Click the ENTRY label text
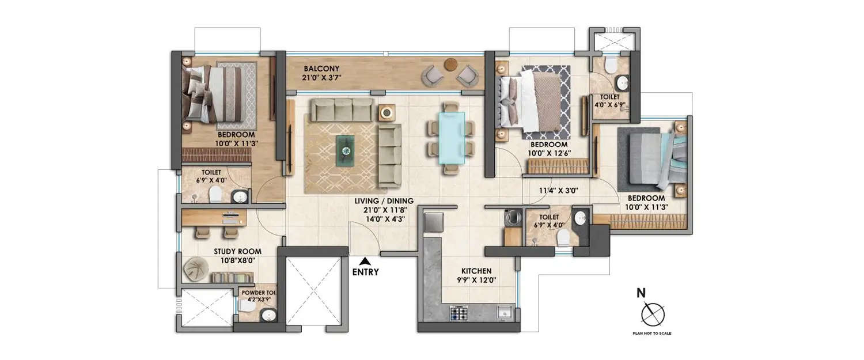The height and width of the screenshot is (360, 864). point(365,272)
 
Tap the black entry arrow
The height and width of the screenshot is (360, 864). point(365,261)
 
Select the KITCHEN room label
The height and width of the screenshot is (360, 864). point(476,271)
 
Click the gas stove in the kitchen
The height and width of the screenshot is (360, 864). point(459,313)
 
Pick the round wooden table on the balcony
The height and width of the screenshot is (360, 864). point(450,65)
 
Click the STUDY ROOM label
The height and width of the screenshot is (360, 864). point(237,251)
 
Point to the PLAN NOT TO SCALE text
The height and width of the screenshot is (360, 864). point(651,334)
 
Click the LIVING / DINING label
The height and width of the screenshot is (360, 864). point(384,200)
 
